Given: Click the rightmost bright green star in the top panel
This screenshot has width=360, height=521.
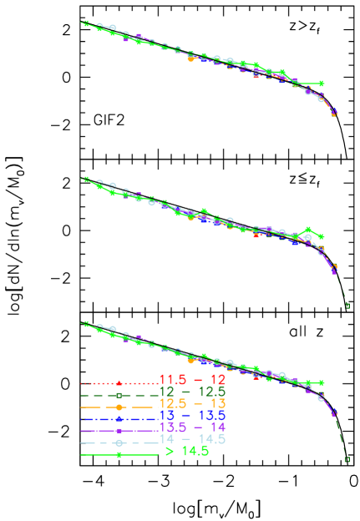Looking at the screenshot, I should tap(322, 83).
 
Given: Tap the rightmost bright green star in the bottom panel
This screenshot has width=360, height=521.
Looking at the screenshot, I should tap(322, 383).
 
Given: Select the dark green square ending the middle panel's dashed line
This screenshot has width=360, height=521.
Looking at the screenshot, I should tap(347, 306).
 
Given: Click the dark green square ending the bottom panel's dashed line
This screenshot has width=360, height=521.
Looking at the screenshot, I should tap(347, 458).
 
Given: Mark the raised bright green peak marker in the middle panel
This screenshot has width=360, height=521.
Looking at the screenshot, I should tap(310, 229).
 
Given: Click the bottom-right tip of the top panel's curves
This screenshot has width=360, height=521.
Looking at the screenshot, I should tap(334, 114).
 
